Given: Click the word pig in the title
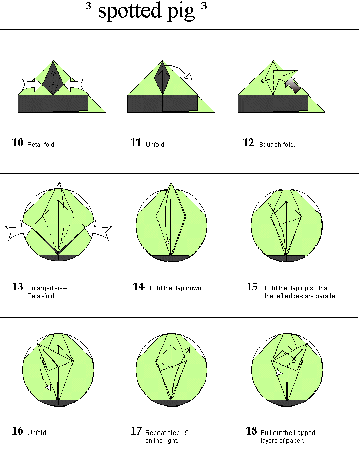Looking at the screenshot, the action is pyautogui.click(x=181, y=12).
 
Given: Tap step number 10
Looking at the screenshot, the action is pyautogui.click(x=18, y=143).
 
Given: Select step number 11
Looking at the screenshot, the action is pyautogui.click(x=136, y=143).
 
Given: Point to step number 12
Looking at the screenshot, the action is pyautogui.click(x=248, y=143).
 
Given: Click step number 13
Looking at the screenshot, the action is pyautogui.click(x=18, y=287).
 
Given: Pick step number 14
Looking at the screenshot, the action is pyautogui.click(x=139, y=287).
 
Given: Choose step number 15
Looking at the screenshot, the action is pyautogui.click(x=252, y=287).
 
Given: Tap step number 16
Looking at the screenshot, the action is pyautogui.click(x=18, y=431).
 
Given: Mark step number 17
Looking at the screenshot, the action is pyautogui.click(x=136, y=431).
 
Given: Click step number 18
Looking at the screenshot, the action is pyautogui.click(x=251, y=431).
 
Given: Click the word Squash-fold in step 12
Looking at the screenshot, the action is pyautogui.click(x=277, y=145).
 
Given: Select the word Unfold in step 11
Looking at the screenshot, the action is pyautogui.click(x=155, y=145).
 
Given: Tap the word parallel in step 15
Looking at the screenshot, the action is pyautogui.click(x=327, y=296).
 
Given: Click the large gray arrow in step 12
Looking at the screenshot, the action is pyautogui.click(x=293, y=85).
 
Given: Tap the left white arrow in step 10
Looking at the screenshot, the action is pyautogui.click(x=32, y=85).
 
